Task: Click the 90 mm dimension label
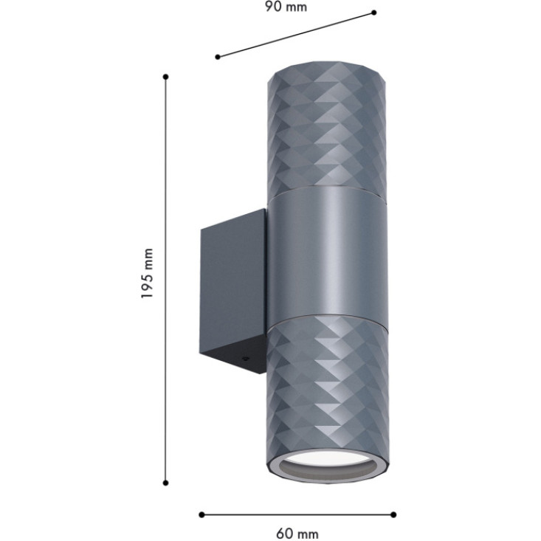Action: point(286,7)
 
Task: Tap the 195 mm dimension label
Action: point(148,273)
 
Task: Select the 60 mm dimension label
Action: point(297,534)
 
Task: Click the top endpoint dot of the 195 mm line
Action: point(165,77)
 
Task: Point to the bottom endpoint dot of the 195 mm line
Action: point(165,483)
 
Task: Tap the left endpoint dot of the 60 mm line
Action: point(201,514)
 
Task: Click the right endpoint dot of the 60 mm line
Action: point(393,514)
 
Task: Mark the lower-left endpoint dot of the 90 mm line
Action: point(218,57)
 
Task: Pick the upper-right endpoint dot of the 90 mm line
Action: point(373,13)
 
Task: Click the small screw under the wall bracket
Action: point(245,359)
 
